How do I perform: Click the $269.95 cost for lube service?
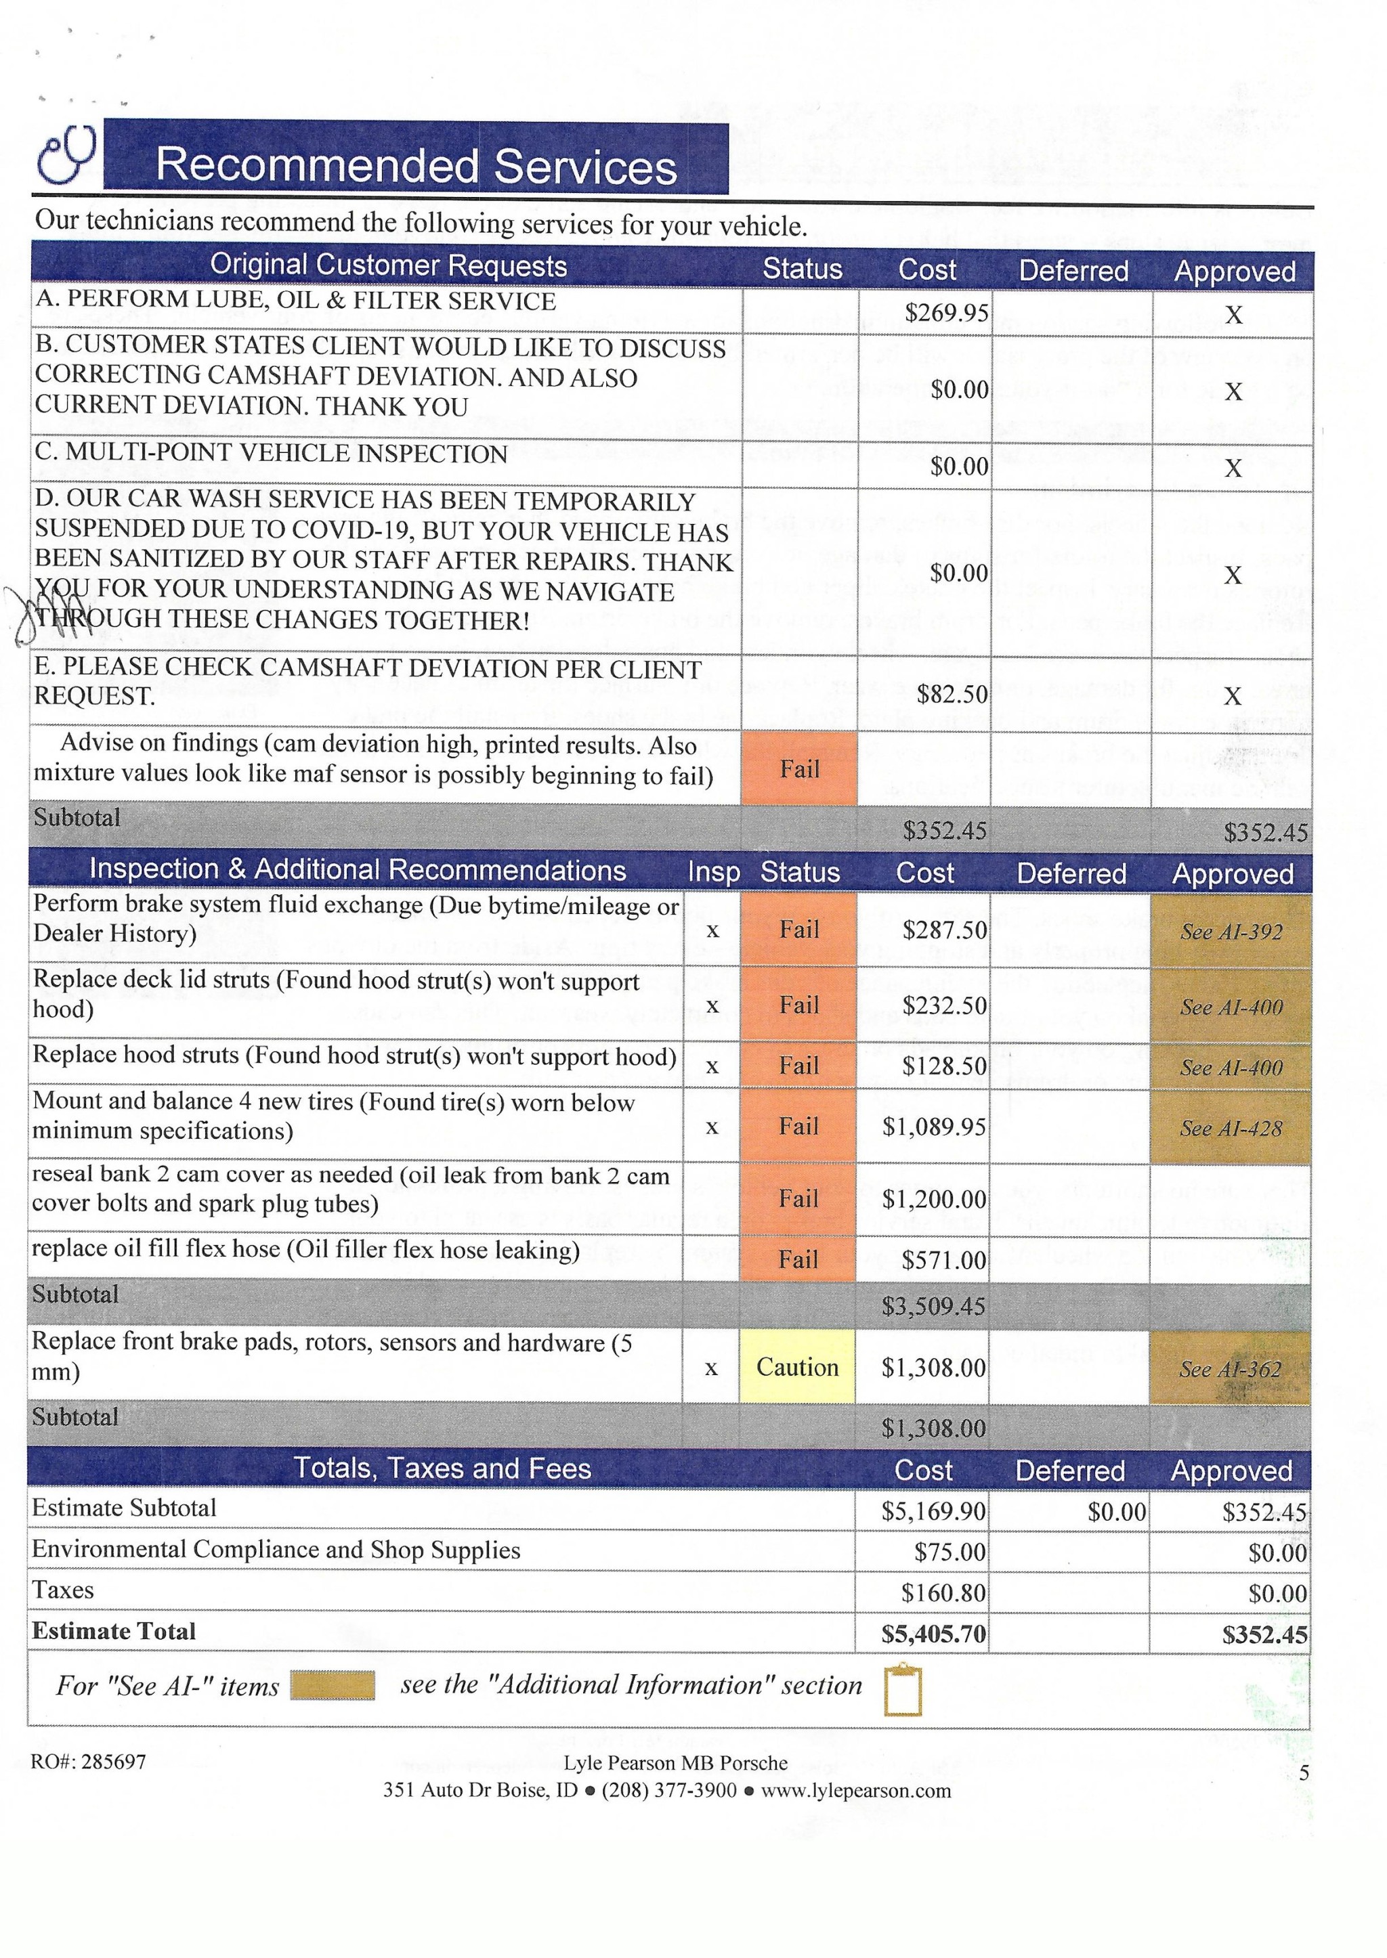[x=946, y=313]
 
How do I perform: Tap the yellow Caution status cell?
[x=797, y=1367]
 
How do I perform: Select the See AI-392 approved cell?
[x=1231, y=932]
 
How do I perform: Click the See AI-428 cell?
[x=1231, y=1128]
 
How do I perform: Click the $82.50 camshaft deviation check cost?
[x=952, y=694]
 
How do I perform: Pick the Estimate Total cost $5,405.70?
[x=933, y=1634]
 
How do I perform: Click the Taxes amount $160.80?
[x=943, y=1592]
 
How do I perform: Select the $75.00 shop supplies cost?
[x=949, y=1552]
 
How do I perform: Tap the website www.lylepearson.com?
[x=855, y=1790]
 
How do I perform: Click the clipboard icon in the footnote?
[x=903, y=1690]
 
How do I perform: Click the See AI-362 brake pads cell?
[x=1230, y=1369]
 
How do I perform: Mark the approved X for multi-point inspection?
[x=1233, y=468]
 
